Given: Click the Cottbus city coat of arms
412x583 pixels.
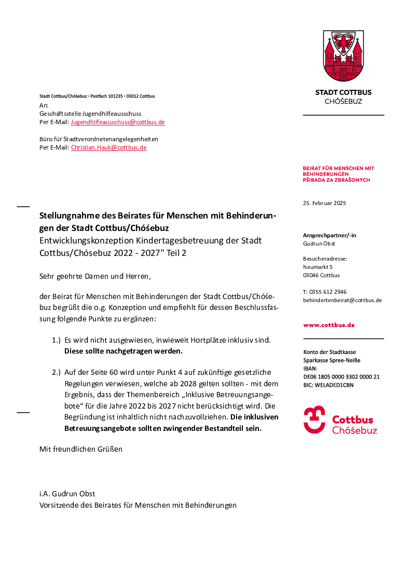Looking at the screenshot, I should pos(343,57).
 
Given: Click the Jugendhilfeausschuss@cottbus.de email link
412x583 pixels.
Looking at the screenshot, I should pos(118,122).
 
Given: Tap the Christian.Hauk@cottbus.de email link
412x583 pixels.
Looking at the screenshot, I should pos(108,147).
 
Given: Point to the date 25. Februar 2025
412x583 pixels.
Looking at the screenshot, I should pos(324,203).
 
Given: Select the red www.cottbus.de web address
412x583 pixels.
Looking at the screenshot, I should pos(329,325).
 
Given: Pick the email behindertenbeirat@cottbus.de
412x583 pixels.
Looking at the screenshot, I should pos(342,300).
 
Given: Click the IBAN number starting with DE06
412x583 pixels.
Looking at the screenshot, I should pos(341,377).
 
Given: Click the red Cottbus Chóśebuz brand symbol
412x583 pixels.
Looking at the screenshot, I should pos(314,419).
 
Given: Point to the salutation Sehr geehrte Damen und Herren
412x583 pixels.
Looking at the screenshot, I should pos(95,276).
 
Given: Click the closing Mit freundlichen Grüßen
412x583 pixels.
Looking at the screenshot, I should pos(81,449).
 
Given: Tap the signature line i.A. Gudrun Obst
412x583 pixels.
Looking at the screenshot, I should pos(67,494).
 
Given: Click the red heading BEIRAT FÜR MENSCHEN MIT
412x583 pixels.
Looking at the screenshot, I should pos(338,168).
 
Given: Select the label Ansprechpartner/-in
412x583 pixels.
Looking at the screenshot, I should pos(329,235).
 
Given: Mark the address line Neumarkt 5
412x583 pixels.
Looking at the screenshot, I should pos(318,267).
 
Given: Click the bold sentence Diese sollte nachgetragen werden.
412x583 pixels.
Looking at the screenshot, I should pos(123,351).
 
